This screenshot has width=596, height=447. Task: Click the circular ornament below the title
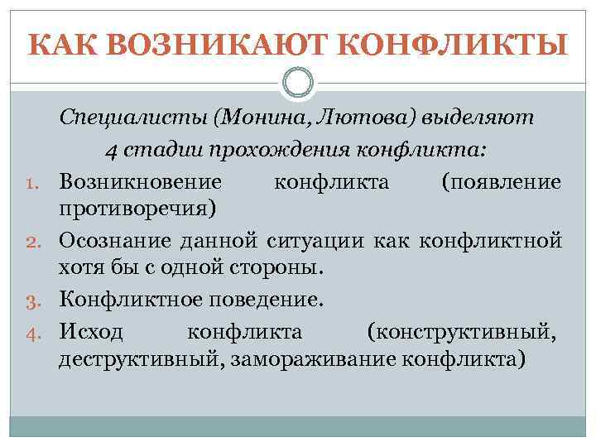pos(298,83)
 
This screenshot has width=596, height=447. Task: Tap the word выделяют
pos(478,118)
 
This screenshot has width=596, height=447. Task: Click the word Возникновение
pos(140,180)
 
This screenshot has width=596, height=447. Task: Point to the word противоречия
pos(137,208)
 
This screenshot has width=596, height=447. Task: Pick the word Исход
pos(91,332)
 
